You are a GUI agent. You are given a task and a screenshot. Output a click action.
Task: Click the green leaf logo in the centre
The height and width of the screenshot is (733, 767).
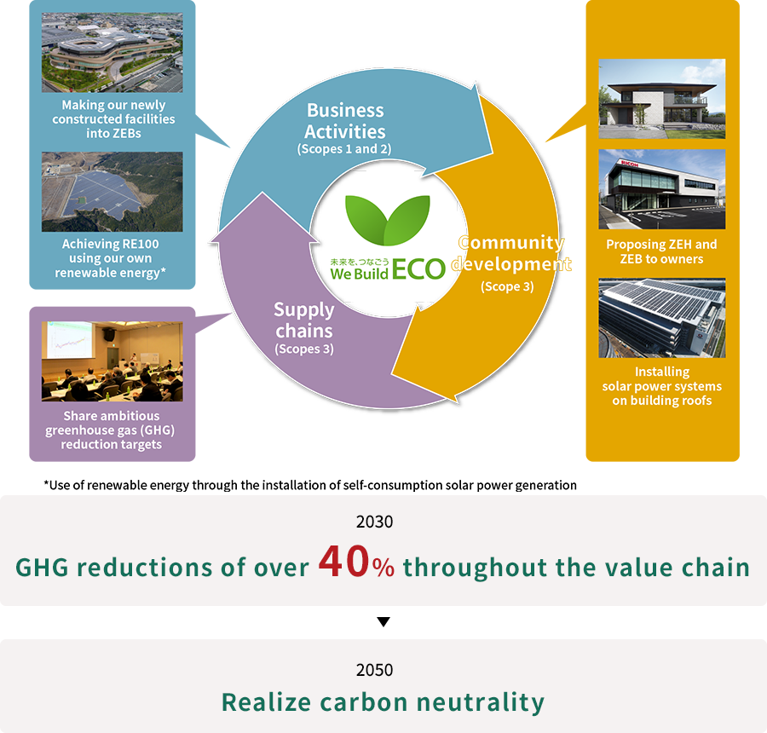click(x=388, y=220)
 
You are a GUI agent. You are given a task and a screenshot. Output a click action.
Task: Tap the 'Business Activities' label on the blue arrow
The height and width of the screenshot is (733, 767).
click(x=345, y=121)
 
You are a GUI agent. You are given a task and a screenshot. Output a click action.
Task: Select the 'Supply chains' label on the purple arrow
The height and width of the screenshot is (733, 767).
click(x=303, y=320)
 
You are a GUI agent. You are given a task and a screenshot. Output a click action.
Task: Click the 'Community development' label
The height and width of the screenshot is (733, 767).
click(x=511, y=253)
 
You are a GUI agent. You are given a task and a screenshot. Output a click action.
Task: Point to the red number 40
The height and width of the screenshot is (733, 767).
click(x=343, y=561)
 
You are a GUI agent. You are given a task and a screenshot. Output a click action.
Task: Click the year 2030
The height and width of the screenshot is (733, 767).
click(x=375, y=522)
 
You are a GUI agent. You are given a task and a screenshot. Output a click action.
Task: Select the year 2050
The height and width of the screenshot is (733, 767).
click(x=375, y=670)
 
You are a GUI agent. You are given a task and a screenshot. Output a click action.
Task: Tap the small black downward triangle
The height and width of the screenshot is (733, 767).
click(x=383, y=621)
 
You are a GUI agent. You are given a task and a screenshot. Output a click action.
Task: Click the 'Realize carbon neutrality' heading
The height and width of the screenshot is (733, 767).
click(x=383, y=702)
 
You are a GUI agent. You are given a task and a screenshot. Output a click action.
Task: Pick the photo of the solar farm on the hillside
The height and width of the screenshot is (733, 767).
click(x=112, y=191)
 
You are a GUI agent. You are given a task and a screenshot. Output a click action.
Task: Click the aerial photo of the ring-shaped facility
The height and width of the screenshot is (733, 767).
click(x=112, y=52)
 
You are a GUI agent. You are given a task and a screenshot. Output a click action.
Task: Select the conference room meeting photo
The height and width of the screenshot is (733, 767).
click(x=112, y=361)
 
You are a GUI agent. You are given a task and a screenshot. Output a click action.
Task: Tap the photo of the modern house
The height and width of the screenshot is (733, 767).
click(x=662, y=99)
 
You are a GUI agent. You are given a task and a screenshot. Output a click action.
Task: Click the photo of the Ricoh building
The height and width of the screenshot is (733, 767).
click(x=662, y=189)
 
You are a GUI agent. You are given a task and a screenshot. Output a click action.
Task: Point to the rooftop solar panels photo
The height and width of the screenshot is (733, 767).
click(x=662, y=318)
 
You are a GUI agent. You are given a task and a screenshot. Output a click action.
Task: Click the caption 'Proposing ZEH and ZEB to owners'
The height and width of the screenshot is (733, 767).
click(x=662, y=251)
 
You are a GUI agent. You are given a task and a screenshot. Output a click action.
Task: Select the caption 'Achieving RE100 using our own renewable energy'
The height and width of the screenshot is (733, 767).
click(x=111, y=258)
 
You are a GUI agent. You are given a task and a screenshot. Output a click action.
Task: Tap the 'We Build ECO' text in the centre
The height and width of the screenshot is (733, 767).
click(x=388, y=269)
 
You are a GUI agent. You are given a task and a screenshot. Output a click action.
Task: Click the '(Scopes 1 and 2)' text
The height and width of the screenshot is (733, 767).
click(x=344, y=149)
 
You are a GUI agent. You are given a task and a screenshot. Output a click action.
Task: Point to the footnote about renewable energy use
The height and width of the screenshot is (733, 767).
click(x=310, y=485)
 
